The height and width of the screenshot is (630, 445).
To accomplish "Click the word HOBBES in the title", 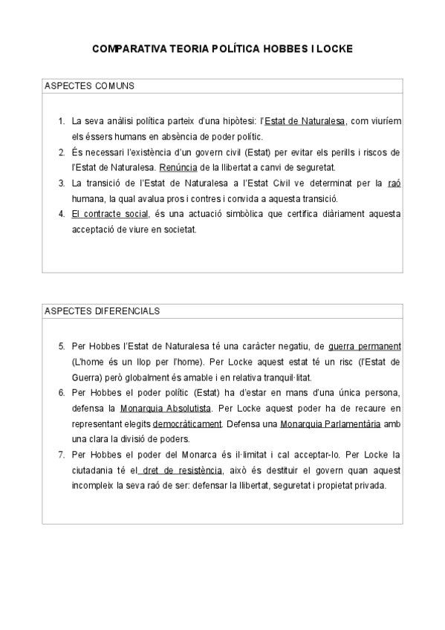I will pyautogui.click(x=281, y=49).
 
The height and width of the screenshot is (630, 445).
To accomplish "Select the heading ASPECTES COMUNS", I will pyautogui.click(x=89, y=85).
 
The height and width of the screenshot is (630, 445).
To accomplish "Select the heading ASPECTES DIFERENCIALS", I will pyautogui.click(x=102, y=311).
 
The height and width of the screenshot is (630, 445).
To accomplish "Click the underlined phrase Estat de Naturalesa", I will pyautogui.click(x=305, y=120).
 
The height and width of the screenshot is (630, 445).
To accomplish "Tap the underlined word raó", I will pyautogui.click(x=394, y=183).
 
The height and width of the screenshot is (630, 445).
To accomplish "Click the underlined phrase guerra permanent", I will pyautogui.click(x=364, y=346).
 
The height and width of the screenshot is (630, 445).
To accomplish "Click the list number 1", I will pyautogui.click(x=61, y=120).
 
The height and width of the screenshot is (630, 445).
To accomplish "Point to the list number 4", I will pyautogui.click(x=61, y=215).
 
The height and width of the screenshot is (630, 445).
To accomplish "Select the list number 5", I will pyautogui.click(x=61, y=346).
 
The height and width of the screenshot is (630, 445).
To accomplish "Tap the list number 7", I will pyautogui.click(x=61, y=455).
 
